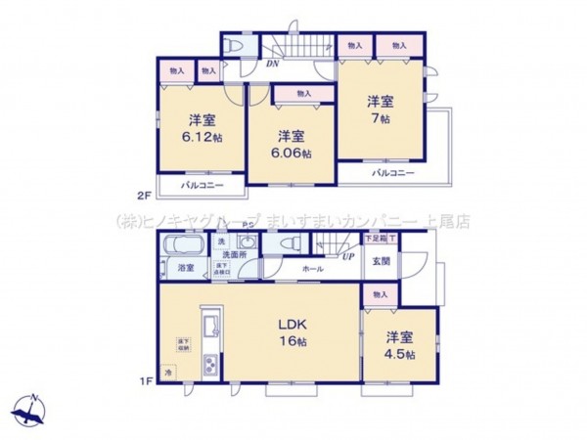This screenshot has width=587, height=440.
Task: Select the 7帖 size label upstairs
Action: pos(381,117)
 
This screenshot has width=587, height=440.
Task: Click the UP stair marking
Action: pos(347,256)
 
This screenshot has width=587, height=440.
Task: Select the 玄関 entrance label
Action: pos(380,261)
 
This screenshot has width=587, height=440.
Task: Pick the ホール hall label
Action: pos(312,268)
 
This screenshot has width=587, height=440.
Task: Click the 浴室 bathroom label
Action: pos(184,268)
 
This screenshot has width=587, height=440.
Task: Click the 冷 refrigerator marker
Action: pos(168,373)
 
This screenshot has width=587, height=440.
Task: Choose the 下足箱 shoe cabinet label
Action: pos(375,239)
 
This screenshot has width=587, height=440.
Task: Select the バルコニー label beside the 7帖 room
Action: pos(393,173)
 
